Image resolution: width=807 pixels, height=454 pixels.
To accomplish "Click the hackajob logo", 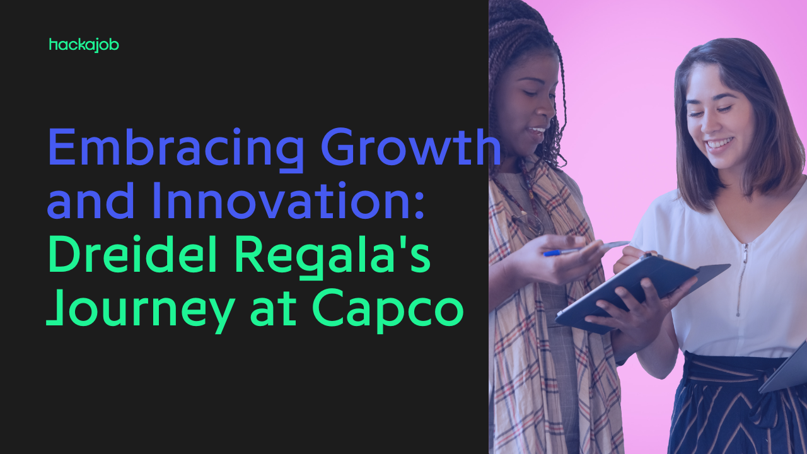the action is point(84,45).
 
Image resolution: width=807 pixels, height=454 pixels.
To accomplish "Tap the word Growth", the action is point(411,147).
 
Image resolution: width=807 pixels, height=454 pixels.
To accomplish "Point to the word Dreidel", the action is point(132,253).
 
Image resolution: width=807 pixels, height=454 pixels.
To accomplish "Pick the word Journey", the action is point(141,311).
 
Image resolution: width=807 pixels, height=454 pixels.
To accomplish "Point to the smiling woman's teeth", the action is point(720,143).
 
